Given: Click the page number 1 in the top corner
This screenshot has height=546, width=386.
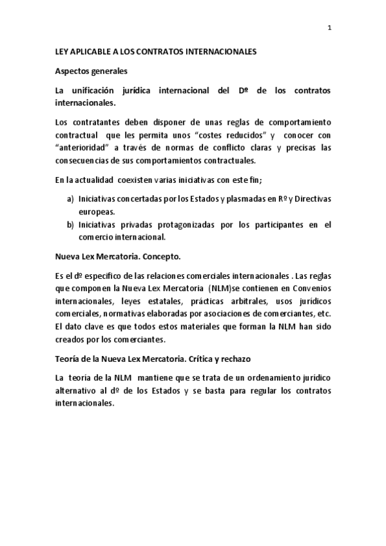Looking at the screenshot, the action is coord(329,28).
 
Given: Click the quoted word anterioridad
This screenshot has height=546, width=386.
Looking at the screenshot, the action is coord(81,147).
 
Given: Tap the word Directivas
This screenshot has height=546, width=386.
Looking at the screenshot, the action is coord(311,199).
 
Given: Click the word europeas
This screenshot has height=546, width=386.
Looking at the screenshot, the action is coord(97,211).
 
